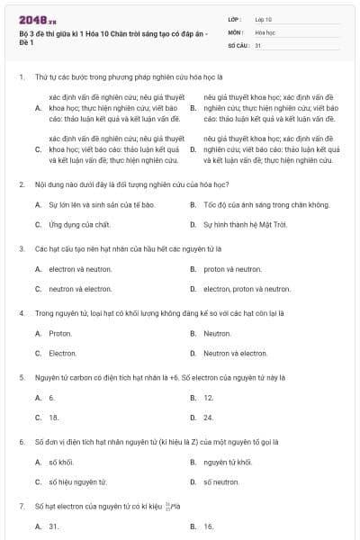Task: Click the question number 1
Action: (x=21, y=78)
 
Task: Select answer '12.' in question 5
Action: (x=208, y=397)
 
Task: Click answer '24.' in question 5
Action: (x=208, y=418)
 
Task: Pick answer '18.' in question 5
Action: (x=53, y=418)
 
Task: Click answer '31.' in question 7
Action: (x=53, y=526)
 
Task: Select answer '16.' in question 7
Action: (x=208, y=526)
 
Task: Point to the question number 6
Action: (x=21, y=442)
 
